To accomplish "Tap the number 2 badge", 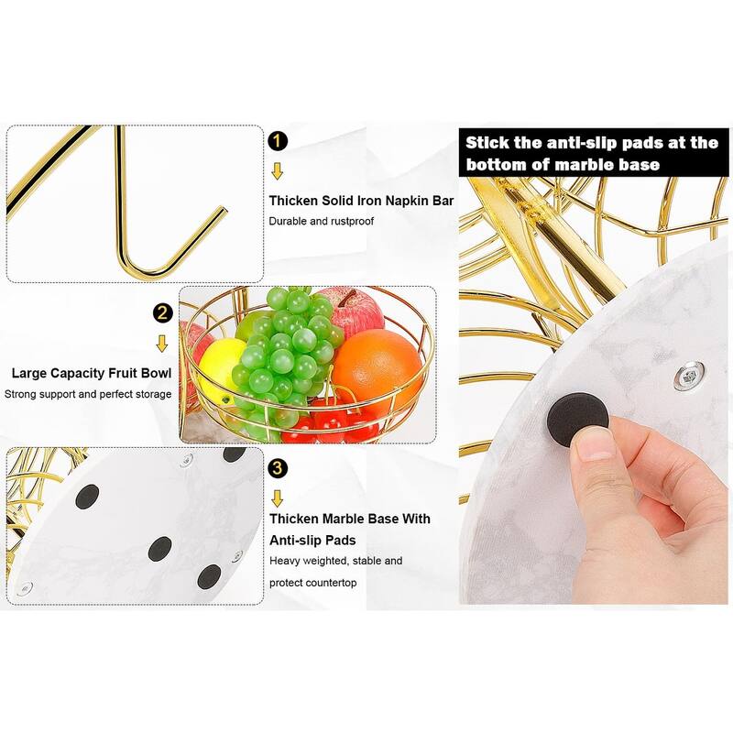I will (162, 313).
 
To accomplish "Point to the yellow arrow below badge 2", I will (162, 344).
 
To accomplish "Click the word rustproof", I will (348, 222).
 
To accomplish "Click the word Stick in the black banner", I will (490, 143).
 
